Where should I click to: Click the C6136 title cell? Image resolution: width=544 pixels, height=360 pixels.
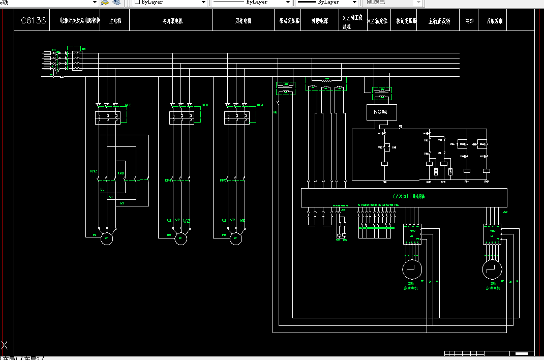[34, 21]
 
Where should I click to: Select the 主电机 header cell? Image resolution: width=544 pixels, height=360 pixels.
[114, 21]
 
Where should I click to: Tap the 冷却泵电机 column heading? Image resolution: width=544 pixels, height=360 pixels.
[172, 21]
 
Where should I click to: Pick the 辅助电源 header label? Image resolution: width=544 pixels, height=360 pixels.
[320, 21]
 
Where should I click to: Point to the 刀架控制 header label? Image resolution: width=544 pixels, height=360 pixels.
[495, 21]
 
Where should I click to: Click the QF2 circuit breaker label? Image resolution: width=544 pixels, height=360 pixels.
[128, 105]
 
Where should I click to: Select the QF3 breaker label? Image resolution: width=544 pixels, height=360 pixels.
[205, 105]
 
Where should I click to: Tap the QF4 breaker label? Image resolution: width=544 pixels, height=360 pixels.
[260, 105]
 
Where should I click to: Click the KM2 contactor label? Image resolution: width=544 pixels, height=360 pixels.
[94, 171]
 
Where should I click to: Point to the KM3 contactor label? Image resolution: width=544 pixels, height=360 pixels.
[121, 173]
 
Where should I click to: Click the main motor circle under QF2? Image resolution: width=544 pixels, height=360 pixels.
[107, 238]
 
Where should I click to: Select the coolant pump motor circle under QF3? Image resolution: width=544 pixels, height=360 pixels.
[180, 238]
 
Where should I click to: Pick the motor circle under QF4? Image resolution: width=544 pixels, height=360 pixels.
[235, 238]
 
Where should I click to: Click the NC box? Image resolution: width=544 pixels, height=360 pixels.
[381, 112]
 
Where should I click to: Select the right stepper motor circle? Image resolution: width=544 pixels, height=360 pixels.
[491, 268]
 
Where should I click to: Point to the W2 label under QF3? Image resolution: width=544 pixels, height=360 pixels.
[186, 221]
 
